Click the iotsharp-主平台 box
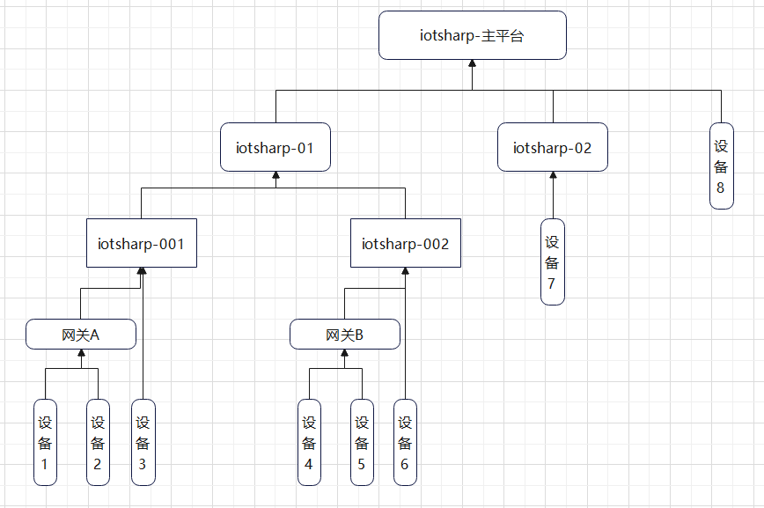tap(473, 35)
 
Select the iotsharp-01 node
tap(275, 147)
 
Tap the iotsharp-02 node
tap(553, 147)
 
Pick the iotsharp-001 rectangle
tap(141, 243)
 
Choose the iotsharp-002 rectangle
tap(405, 243)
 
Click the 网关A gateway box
tap(81, 335)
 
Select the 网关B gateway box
tap(345, 335)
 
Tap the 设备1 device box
tap(45, 442)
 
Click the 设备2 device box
tap(98, 442)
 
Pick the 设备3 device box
tap(143, 442)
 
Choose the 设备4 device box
tap(309, 442)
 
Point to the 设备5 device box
tap(362, 442)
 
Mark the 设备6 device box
tap(405, 442)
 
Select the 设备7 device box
tap(553, 261)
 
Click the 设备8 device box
tap(722, 166)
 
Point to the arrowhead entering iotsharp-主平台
tap(473, 64)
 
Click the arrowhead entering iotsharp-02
tap(553, 176)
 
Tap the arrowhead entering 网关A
tap(81, 354)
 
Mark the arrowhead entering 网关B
tap(345, 354)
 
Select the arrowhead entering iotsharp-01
tap(275, 176)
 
